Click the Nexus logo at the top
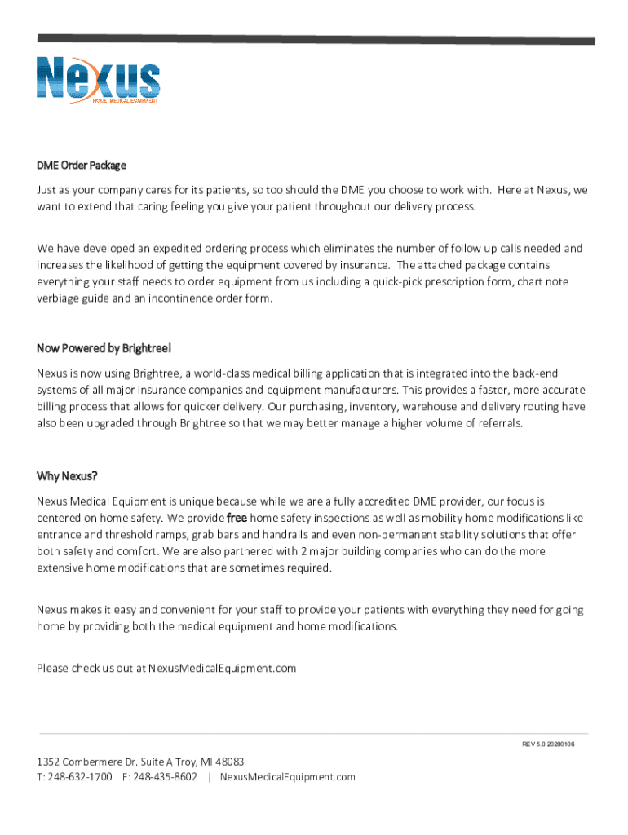(98, 78)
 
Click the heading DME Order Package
(81, 166)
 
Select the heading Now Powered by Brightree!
(104, 349)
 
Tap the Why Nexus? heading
(67, 476)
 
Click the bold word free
(237, 518)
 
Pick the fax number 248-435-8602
(165, 777)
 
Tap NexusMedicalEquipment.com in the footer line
(288, 777)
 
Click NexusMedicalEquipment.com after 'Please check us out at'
(223, 669)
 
